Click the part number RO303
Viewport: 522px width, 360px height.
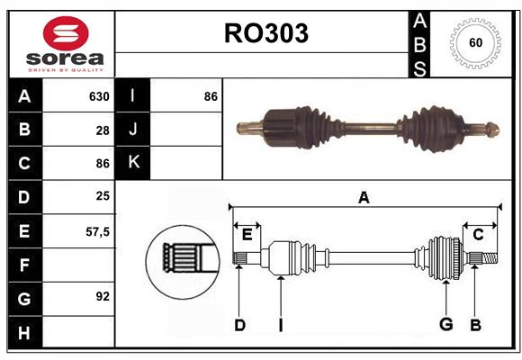(x=265, y=33)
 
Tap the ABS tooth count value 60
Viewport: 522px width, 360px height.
(x=474, y=43)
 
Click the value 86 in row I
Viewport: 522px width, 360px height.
(x=211, y=96)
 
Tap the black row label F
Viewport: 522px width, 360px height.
(x=24, y=265)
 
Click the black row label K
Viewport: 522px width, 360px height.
(x=133, y=163)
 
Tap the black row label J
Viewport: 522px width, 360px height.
(x=133, y=130)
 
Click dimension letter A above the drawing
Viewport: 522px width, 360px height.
(x=364, y=198)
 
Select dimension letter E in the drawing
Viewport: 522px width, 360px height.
(x=247, y=235)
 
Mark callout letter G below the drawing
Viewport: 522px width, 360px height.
(x=445, y=325)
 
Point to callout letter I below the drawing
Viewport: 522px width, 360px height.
(x=280, y=325)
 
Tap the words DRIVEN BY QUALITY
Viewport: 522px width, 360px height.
(x=66, y=68)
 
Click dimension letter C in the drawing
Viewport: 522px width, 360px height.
(x=478, y=235)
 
